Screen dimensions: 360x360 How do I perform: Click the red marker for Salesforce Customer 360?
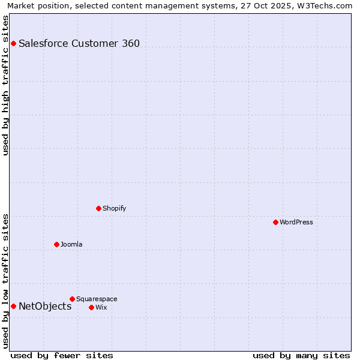click(13, 43)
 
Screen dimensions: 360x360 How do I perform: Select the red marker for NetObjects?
click(13, 306)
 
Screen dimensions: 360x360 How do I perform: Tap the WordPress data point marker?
click(275, 222)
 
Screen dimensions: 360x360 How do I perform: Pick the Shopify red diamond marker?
click(98, 208)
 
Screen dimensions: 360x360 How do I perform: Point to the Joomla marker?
click(56, 244)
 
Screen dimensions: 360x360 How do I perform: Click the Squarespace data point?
click(72, 299)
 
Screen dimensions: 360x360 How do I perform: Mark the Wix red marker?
click(91, 307)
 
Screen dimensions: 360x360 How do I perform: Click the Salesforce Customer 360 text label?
click(79, 43)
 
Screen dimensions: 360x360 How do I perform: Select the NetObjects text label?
click(45, 306)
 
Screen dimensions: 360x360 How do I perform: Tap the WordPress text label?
click(296, 222)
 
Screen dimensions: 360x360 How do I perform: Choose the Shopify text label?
click(114, 208)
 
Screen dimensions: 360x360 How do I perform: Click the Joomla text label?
click(71, 244)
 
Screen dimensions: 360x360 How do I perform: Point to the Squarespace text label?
click(97, 299)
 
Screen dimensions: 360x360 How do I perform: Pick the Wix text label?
click(101, 307)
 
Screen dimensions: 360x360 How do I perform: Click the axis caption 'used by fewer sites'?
click(62, 355)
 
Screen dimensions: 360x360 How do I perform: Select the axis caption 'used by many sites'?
click(301, 355)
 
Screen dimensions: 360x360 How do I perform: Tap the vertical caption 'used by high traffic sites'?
click(6, 85)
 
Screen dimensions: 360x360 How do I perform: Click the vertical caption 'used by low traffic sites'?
click(6, 281)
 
